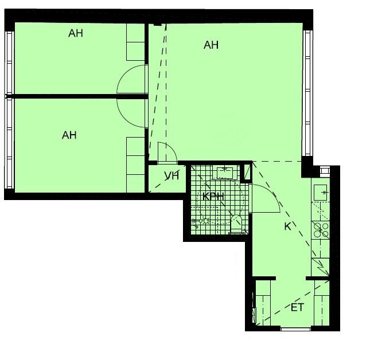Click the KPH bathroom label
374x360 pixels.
(213, 197)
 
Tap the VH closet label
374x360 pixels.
(172, 176)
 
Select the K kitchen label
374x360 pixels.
(287, 226)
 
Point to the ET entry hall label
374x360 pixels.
(297, 307)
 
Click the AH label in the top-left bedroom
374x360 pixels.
(76, 33)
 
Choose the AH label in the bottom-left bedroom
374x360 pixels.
(69, 135)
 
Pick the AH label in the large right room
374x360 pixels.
(211, 45)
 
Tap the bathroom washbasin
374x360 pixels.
(224, 173)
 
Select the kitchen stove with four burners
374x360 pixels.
(321, 230)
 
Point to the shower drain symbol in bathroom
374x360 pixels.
(205, 221)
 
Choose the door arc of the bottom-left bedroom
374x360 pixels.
(124, 117)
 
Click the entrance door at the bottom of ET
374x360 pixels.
(296, 329)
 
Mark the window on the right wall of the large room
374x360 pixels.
(307, 93)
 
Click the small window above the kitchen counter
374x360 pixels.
(325, 171)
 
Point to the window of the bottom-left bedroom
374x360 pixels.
(9, 143)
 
